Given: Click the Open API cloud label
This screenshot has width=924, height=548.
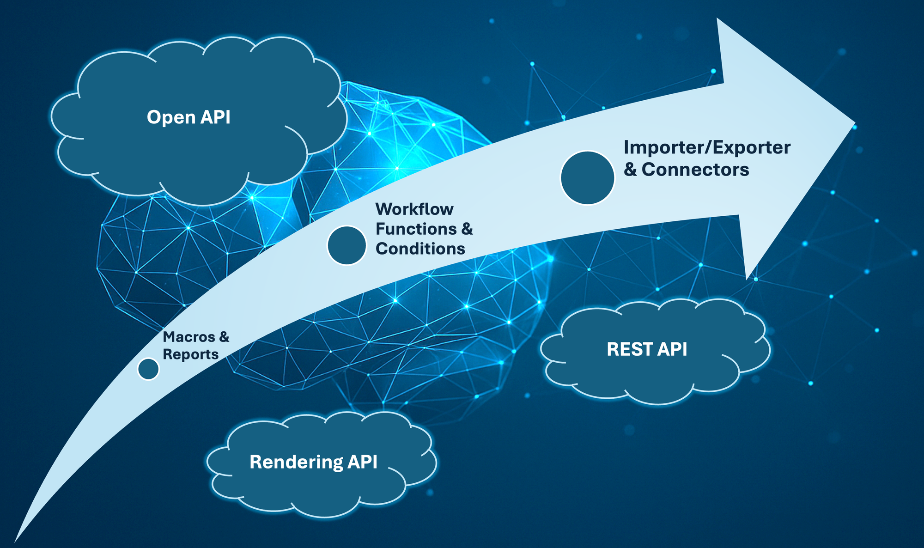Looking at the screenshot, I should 188,117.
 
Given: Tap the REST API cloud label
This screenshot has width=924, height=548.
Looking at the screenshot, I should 646,349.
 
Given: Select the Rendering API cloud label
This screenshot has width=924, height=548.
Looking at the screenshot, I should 313,462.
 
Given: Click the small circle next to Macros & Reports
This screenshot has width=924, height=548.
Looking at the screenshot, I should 148,369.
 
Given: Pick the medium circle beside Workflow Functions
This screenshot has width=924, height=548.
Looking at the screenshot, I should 346,245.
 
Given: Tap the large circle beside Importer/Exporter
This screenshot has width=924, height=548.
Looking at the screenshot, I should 587,178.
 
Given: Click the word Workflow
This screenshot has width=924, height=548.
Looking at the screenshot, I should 414,209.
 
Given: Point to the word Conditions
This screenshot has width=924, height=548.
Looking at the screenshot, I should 420,249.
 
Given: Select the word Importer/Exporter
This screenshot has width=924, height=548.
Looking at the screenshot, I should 707,148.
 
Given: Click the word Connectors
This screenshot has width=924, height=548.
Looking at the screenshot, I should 695,170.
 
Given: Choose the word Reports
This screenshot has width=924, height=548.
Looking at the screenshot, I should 190,354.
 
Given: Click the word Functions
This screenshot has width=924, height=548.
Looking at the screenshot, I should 410,229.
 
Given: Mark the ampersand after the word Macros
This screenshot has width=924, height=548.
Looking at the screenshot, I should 224,337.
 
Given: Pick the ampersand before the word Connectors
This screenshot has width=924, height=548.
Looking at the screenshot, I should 630,170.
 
